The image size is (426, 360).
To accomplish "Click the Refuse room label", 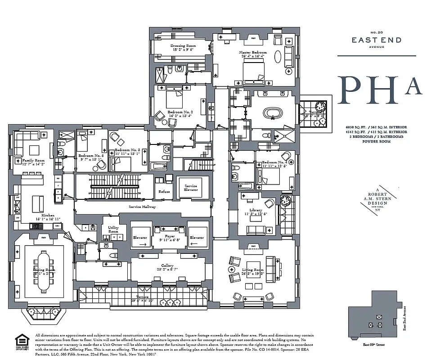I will tap(164, 191).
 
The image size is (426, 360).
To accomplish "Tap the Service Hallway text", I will tap(142, 207).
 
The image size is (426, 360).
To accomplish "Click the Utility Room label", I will tap(113, 229).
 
